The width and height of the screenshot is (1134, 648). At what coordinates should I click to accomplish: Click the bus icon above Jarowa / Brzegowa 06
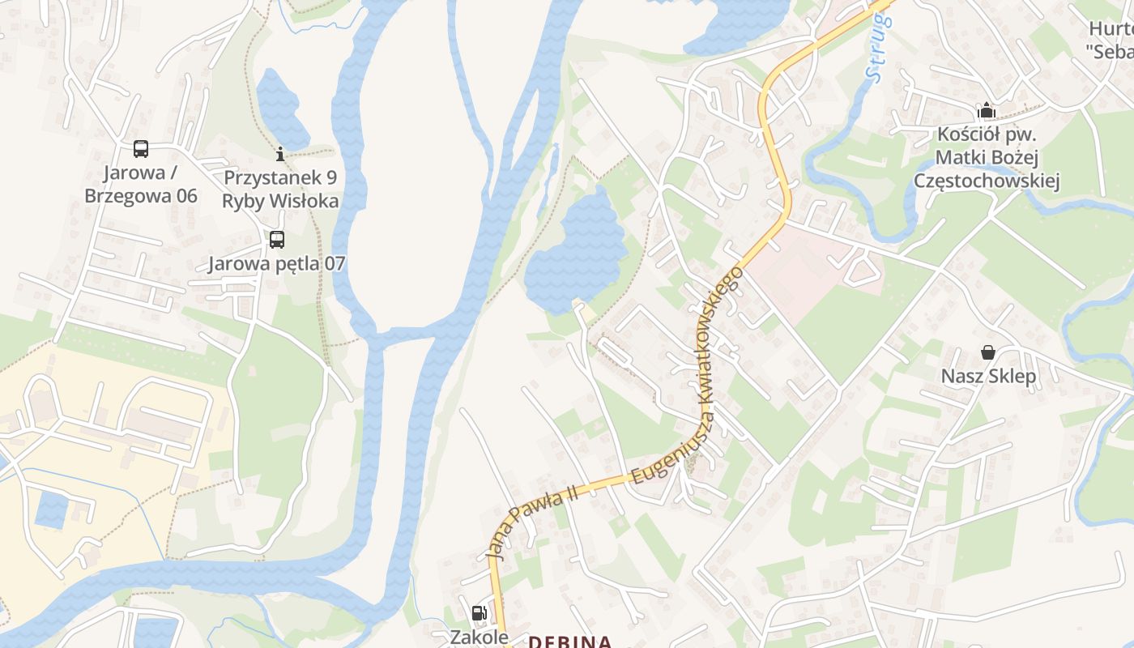[141, 149]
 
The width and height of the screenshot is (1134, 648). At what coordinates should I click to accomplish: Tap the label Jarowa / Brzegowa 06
[141, 185]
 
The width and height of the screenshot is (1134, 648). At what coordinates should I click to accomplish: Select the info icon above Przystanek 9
[280, 153]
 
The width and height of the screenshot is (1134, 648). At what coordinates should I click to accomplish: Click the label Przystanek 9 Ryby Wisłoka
[280, 190]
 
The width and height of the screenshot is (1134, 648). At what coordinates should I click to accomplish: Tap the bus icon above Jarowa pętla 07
[277, 240]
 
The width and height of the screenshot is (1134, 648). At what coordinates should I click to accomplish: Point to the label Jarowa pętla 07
[277, 263]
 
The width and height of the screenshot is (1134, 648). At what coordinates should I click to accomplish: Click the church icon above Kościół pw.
[987, 110]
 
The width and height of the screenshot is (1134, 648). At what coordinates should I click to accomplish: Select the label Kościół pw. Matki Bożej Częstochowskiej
[987, 157]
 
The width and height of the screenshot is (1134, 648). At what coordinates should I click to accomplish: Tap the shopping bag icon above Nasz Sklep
[988, 352]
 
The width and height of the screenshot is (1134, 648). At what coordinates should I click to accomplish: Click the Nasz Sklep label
[988, 377]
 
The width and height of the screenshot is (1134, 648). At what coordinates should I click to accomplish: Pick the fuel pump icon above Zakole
[479, 613]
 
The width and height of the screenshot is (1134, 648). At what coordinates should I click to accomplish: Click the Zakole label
[479, 637]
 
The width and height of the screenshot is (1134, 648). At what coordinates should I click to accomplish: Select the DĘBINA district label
[569, 642]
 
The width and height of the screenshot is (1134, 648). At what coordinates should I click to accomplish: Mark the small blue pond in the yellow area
[52, 509]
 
